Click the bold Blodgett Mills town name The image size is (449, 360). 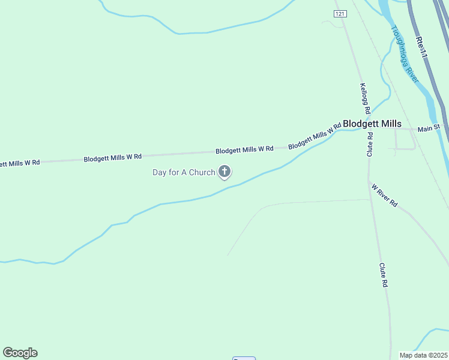point(372,124)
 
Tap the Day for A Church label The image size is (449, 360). point(183,173)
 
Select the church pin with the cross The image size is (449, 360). point(224,172)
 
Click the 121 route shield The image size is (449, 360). point(340,13)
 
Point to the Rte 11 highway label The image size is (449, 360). point(421,47)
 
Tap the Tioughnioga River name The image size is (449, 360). point(405,54)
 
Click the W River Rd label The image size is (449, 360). point(385,196)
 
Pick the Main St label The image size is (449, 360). point(429,128)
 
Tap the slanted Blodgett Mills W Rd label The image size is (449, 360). point(315,136)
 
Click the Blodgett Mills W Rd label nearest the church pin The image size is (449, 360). point(244,149)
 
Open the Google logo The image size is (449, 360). point(20,353)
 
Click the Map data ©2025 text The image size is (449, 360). point(423,355)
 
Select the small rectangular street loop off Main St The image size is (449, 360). point(405,140)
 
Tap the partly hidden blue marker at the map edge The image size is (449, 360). point(244,358)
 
